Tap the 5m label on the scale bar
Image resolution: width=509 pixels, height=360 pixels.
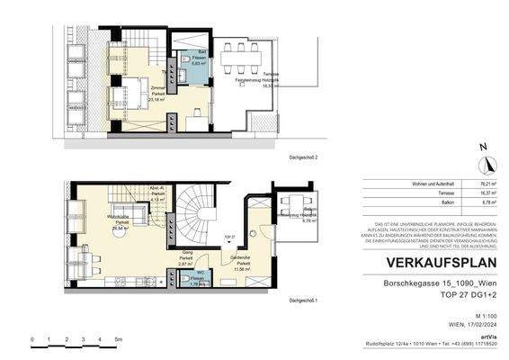[118, 340]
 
